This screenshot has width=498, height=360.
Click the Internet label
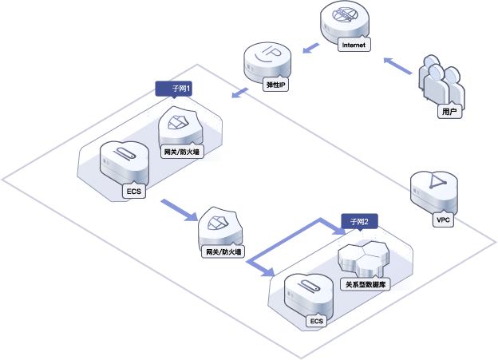pos(354,45)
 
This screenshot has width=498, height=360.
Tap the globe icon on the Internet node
pos(345,14)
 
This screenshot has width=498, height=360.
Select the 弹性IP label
pos(275,85)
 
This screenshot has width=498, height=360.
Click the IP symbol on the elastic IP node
pos(267,53)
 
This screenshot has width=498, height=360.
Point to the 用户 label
pos(449,111)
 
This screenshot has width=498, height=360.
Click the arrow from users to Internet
pos(397,65)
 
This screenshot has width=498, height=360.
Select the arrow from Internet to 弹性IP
pos(310,48)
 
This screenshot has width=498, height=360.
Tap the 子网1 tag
pos(173,89)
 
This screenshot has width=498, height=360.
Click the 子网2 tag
pos(359,221)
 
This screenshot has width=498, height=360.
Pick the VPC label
pos(443,220)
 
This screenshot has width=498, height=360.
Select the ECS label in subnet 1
pos(134,192)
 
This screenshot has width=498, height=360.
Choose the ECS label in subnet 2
pos(316,321)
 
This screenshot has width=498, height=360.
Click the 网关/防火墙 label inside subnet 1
pos(182,152)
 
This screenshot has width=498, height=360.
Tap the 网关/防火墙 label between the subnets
pos(223,252)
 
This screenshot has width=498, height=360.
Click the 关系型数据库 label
pos(366,284)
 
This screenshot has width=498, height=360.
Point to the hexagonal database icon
pos(364,258)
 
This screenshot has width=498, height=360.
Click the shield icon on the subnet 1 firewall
pos(178,122)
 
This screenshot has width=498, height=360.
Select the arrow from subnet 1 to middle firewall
pos(180,210)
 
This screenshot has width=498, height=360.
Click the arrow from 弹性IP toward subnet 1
pos(239,93)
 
